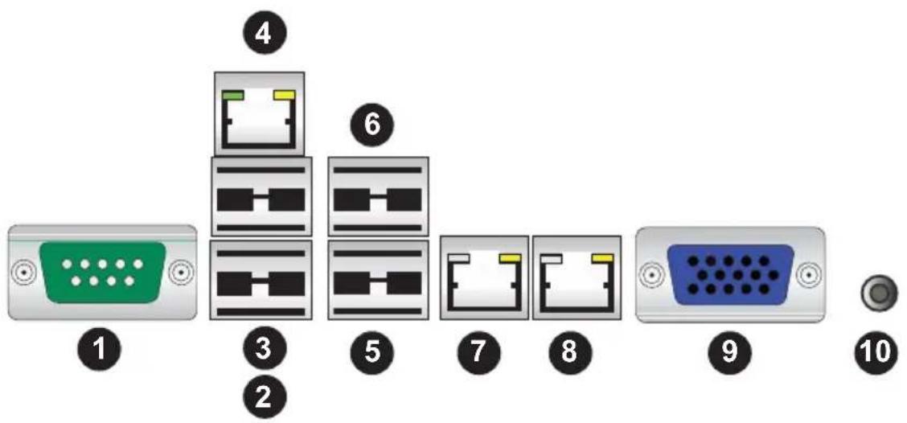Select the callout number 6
(x=372, y=125)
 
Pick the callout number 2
(x=263, y=397)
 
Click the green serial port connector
(x=103, y=273)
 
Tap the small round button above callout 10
(x=878, y=294)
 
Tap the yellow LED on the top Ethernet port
(x=284, y=95)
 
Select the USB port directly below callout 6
(x=378, y=197)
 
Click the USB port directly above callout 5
(x=378, y=280)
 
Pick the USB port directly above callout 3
(x=261, y=280)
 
